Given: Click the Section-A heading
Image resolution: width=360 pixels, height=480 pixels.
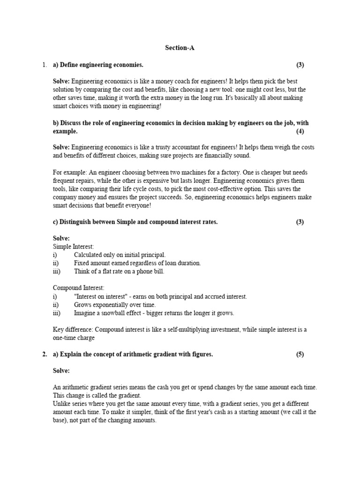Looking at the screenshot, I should tap(180, 47).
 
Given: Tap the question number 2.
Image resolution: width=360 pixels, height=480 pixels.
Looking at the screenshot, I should tap(45, 354).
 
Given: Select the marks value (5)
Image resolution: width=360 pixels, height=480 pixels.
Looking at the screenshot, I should tap(300, 354).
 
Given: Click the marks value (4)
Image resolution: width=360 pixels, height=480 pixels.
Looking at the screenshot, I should tap(300, 131).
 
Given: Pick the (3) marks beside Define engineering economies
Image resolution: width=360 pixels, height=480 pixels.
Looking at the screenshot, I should tap(300, 64).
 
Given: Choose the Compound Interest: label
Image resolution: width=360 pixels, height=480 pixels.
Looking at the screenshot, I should tap(79, 288).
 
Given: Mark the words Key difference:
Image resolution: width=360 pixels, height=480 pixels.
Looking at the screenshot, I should tap(74, 330).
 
